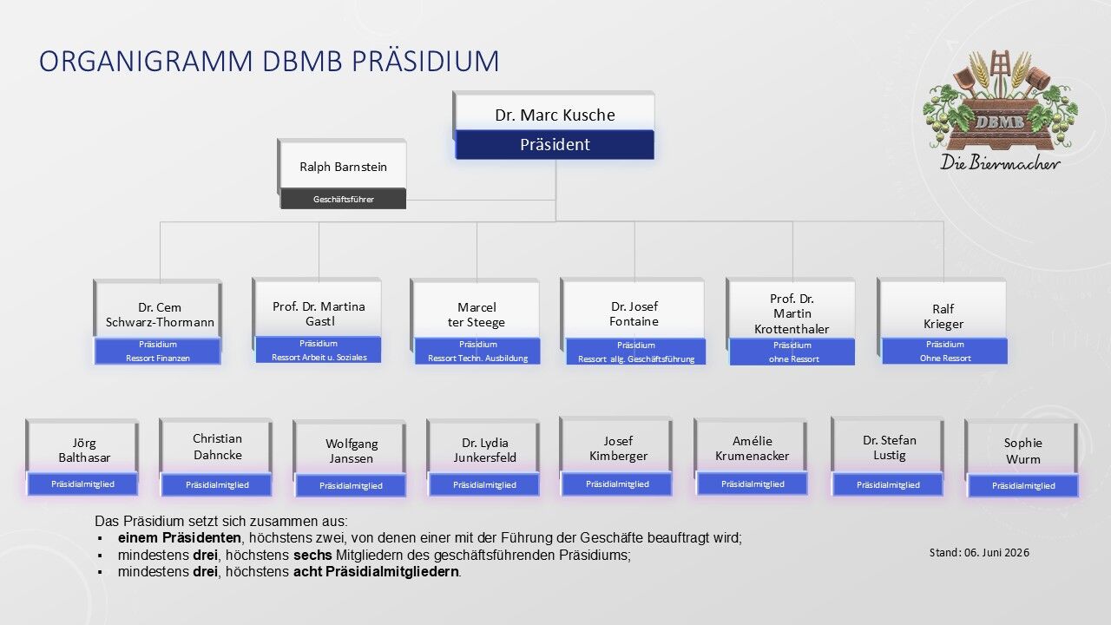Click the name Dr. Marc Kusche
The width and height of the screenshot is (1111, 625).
click(555, 115)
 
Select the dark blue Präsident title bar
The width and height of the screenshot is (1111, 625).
click(555, 145)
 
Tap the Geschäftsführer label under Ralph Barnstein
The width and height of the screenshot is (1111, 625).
click(343, 200)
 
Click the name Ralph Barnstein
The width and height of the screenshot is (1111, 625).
click(343, 168)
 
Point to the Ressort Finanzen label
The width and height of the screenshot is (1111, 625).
click(158, 359)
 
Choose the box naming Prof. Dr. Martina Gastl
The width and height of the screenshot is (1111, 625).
click(318, 320)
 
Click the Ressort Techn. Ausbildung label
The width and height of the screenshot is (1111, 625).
click(477, 359)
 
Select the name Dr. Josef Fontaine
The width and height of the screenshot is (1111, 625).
click(634, 314)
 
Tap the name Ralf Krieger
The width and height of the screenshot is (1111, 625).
click(943, 317)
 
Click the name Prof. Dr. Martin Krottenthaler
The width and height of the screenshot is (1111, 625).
click(792, 314)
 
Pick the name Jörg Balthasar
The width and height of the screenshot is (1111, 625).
click(84, 451)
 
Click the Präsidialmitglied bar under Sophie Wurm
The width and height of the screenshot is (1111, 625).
click(1022, 486)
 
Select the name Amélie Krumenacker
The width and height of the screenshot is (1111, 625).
click(752, 449)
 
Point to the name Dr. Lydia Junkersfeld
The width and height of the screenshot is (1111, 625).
click(484, 450)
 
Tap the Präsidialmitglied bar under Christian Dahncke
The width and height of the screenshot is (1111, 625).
click(217, 485)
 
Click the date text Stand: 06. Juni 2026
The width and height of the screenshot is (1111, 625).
click(979, 553)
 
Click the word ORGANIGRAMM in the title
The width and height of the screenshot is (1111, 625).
click(146, 61)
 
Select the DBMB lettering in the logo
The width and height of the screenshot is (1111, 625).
click(999, 122)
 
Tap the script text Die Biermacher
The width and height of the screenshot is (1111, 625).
click(1000, 162)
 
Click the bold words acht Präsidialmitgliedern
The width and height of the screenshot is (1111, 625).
click(376, 572)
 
